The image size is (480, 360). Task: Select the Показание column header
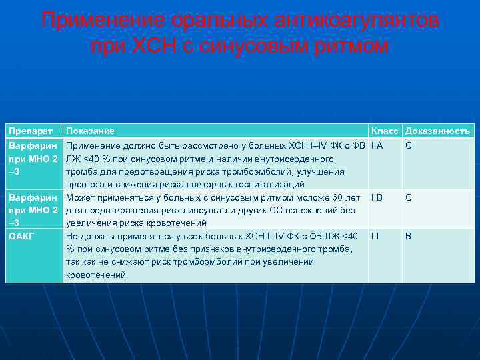90,131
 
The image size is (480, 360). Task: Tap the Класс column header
385,131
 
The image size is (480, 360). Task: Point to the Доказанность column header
437,131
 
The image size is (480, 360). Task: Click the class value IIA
377,146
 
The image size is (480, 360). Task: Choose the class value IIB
377,198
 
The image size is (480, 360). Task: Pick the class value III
375,236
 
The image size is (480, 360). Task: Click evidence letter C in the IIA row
409,146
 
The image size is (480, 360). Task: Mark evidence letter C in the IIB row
409,198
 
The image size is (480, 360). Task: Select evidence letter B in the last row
409,236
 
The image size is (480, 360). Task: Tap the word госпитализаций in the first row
275,185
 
